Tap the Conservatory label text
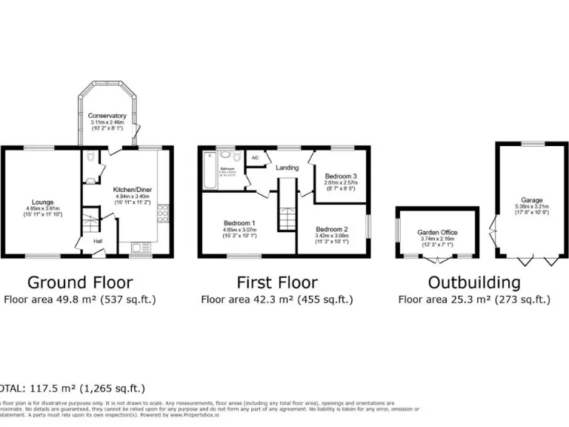click(107, 116)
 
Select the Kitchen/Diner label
click(131, 190)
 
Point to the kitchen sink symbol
click(139, 248)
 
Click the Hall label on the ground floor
click(98, 241)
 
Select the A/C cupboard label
click(255, 158)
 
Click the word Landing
click(287, 168)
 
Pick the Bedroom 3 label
click(340, 176)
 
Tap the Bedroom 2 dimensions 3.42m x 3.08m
click(331, 236)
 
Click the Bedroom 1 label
click(239, 223)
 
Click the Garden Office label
click(438, 232)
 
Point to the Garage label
click(531, 201)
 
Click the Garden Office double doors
click(439, 259)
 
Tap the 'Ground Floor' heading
click(80, 282)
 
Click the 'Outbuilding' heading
click(474, 282)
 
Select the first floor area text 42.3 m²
click(275, 300)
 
